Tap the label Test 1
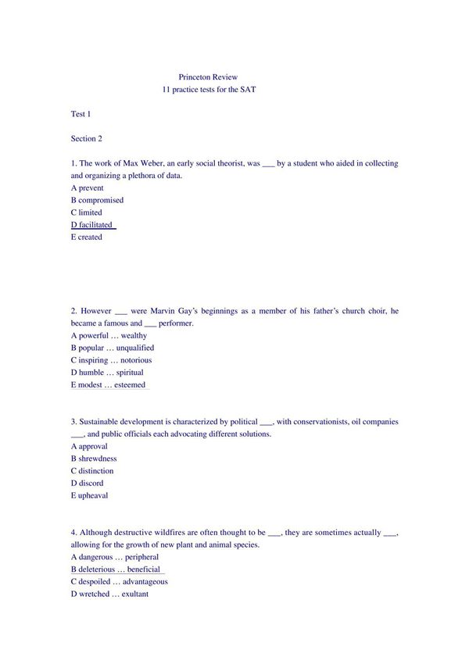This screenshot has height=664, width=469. coord(81,114)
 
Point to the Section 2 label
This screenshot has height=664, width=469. coord(87,139)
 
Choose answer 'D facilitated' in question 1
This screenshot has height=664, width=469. coord(92,225)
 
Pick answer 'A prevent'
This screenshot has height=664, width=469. coord(87,188)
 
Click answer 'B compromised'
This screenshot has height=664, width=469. coord(97,200)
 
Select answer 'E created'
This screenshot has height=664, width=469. coord(86,237)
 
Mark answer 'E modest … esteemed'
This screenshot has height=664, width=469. coord(109,385)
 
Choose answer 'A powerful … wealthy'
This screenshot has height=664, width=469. coord(109,336)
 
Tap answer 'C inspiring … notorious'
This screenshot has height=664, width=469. coord(111,360)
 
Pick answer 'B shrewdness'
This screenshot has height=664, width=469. coord(94,459)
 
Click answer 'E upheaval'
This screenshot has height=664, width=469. coord(89,495)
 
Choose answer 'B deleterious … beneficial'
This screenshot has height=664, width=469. coord(116,569)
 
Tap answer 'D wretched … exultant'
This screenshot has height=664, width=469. coord(109,594)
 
